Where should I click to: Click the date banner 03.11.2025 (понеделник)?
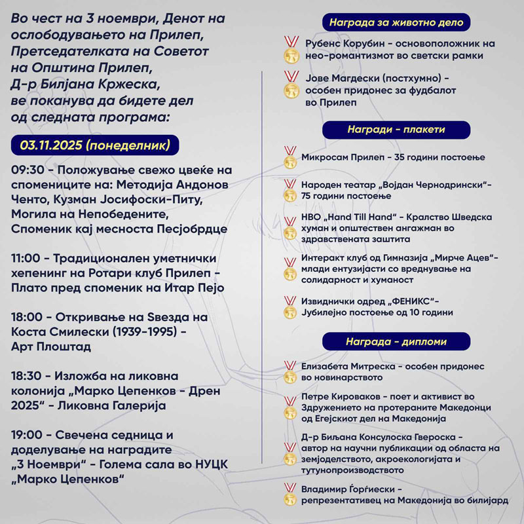point(95,145)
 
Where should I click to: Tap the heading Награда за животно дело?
point(396,23)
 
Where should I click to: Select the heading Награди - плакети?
point(396,129)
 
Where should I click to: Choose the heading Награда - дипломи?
point(396,341)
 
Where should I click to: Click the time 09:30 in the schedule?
point(26,170)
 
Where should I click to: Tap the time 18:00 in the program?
point(26,318)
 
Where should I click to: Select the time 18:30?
point(26,377)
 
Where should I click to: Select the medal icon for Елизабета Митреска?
point(290,371)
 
